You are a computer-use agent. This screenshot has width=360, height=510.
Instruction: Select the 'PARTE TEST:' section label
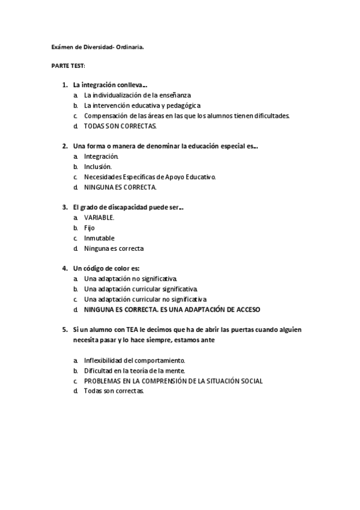(x=68, y=64)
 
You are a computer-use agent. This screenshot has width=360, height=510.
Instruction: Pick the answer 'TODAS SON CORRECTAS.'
(x=120, y=126)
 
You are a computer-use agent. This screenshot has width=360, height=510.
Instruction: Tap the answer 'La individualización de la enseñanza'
(x=138, y=95)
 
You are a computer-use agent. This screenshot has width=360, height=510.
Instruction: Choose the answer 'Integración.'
(x=101, y=156)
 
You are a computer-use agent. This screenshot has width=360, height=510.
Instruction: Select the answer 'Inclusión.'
(x=98, y=166)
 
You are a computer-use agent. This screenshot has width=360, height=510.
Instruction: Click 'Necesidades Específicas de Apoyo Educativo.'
(x=150, y=176)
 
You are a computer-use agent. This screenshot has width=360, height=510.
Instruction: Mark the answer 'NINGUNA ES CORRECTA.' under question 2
(x=120, y=186)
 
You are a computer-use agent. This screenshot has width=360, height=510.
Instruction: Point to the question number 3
(x=64, y=207)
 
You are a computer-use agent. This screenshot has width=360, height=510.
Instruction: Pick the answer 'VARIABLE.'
(x=99, y=217)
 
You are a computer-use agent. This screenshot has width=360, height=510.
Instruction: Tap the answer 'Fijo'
(x=90, y=227)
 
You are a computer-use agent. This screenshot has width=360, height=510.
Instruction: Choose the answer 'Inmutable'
(x=99, y=238)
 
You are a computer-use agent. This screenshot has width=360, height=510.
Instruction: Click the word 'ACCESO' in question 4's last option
(x=247, y=309)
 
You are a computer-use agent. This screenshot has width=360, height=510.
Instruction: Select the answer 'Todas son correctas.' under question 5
(x=114, y=391)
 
